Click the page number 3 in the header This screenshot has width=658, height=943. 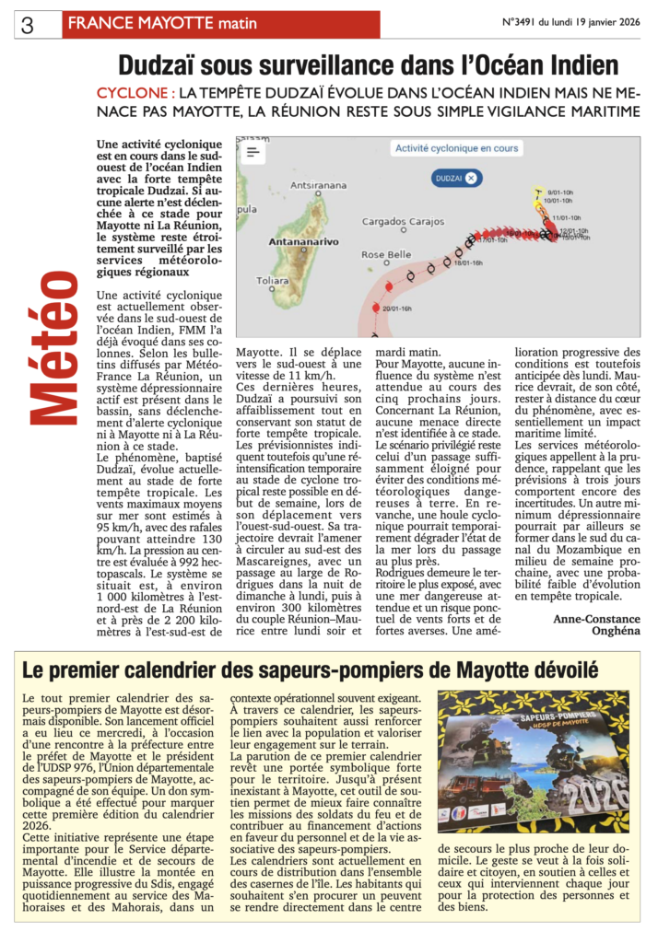point(27,26)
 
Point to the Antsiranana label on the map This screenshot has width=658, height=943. point(318,185)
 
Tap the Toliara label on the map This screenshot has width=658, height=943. point(272,280)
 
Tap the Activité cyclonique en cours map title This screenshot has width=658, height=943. point(456,148)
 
